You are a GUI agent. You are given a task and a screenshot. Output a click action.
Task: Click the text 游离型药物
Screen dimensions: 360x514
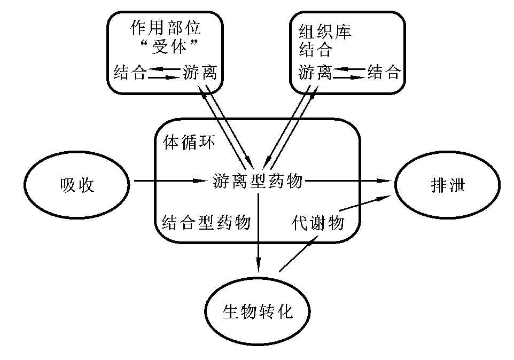point(258,182)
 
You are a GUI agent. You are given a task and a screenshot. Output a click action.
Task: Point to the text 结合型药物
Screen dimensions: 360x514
point(206,222)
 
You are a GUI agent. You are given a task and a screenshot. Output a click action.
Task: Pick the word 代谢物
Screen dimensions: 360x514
point(317,222)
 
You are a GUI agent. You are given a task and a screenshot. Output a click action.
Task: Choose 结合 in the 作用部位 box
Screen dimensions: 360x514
point(130,72)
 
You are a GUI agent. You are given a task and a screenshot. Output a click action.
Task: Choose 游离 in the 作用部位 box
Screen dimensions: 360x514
point(200,72)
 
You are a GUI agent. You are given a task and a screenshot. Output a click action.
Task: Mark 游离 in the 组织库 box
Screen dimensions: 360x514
point(315,72)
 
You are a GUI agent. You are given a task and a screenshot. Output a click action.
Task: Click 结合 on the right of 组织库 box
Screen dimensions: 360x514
point(384,72)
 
